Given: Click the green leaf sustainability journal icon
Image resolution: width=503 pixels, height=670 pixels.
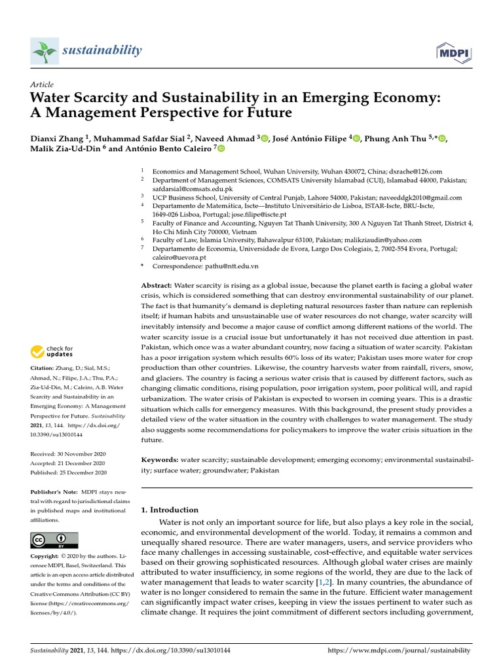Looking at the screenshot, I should coord(43,51).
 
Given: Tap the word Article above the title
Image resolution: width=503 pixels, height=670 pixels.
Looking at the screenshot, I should coord(42,84).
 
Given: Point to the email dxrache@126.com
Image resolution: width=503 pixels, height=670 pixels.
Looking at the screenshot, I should coord(415,170).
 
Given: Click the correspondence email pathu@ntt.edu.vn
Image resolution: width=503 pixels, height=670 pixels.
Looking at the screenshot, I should coord(231,266).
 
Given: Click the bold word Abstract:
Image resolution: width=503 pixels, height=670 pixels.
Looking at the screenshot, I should coord(157,286).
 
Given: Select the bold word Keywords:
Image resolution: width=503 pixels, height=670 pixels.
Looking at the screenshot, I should coord(160,460).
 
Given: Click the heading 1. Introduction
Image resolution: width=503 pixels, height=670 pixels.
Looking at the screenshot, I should coord(170,510).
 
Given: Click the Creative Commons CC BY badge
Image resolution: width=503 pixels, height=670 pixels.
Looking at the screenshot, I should coord(54,540).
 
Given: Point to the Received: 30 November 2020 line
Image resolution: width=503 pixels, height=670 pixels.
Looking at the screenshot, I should coord(68,453).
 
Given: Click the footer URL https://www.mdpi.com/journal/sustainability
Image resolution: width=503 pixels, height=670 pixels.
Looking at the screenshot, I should coord(398,651).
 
